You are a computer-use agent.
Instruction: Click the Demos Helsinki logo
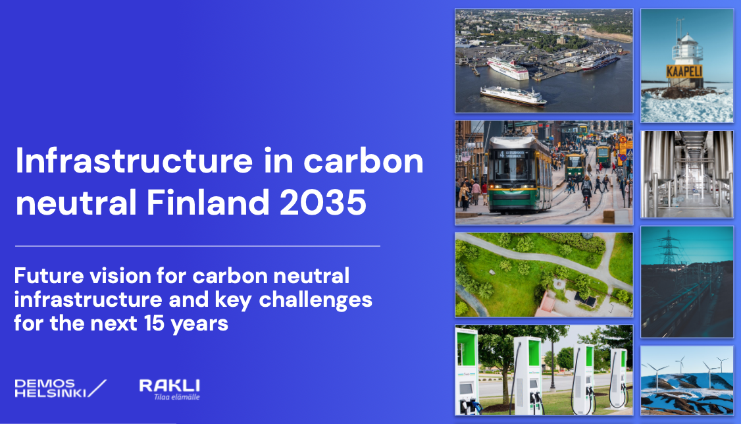pyautogui.click(x=59, y=388)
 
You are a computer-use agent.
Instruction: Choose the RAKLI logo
pyautogui.click(x=169, y=386)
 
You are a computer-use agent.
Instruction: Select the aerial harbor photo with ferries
pyautogui.click(x=544, y=61)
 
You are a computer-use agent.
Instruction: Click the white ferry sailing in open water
pyautogui.click(x=513, y=95)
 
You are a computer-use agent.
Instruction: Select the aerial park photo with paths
pyautogui.click(x=544, y=275)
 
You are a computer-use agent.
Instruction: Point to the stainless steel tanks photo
pyautogui.click(x=687, y=174)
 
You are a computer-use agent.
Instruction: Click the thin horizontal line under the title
pyautogui.click(x=197, y=246)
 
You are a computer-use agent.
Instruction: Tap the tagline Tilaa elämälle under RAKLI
pyautogui.click(x=176, y=397)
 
